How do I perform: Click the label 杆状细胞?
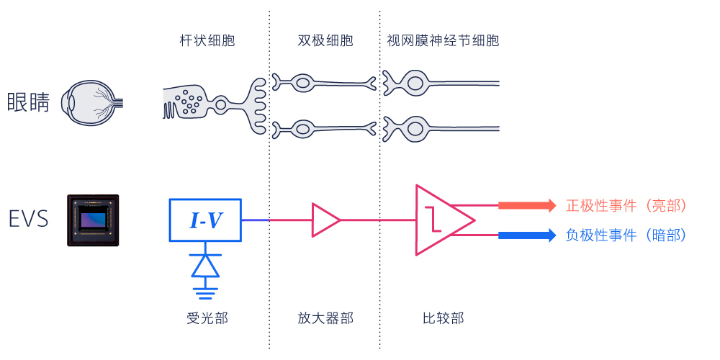[207, 41]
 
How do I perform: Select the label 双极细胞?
[325, 41]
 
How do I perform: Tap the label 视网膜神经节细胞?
[443, 41]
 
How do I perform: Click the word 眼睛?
[28, 102]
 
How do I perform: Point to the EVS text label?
[29, 220]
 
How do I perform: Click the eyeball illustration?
[92, 103]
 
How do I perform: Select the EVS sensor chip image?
[93, 220]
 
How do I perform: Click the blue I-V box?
[205, 220]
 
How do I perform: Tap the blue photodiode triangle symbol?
[205, 266]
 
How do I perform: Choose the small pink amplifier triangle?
[326, 220]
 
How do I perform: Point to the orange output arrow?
[528, 205]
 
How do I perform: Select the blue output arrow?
[528, 235]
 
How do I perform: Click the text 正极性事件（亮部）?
[626, 206]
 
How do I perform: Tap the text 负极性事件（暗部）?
[626, 235]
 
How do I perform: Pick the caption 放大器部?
[325, 318]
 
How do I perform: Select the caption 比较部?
[443, 318]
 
